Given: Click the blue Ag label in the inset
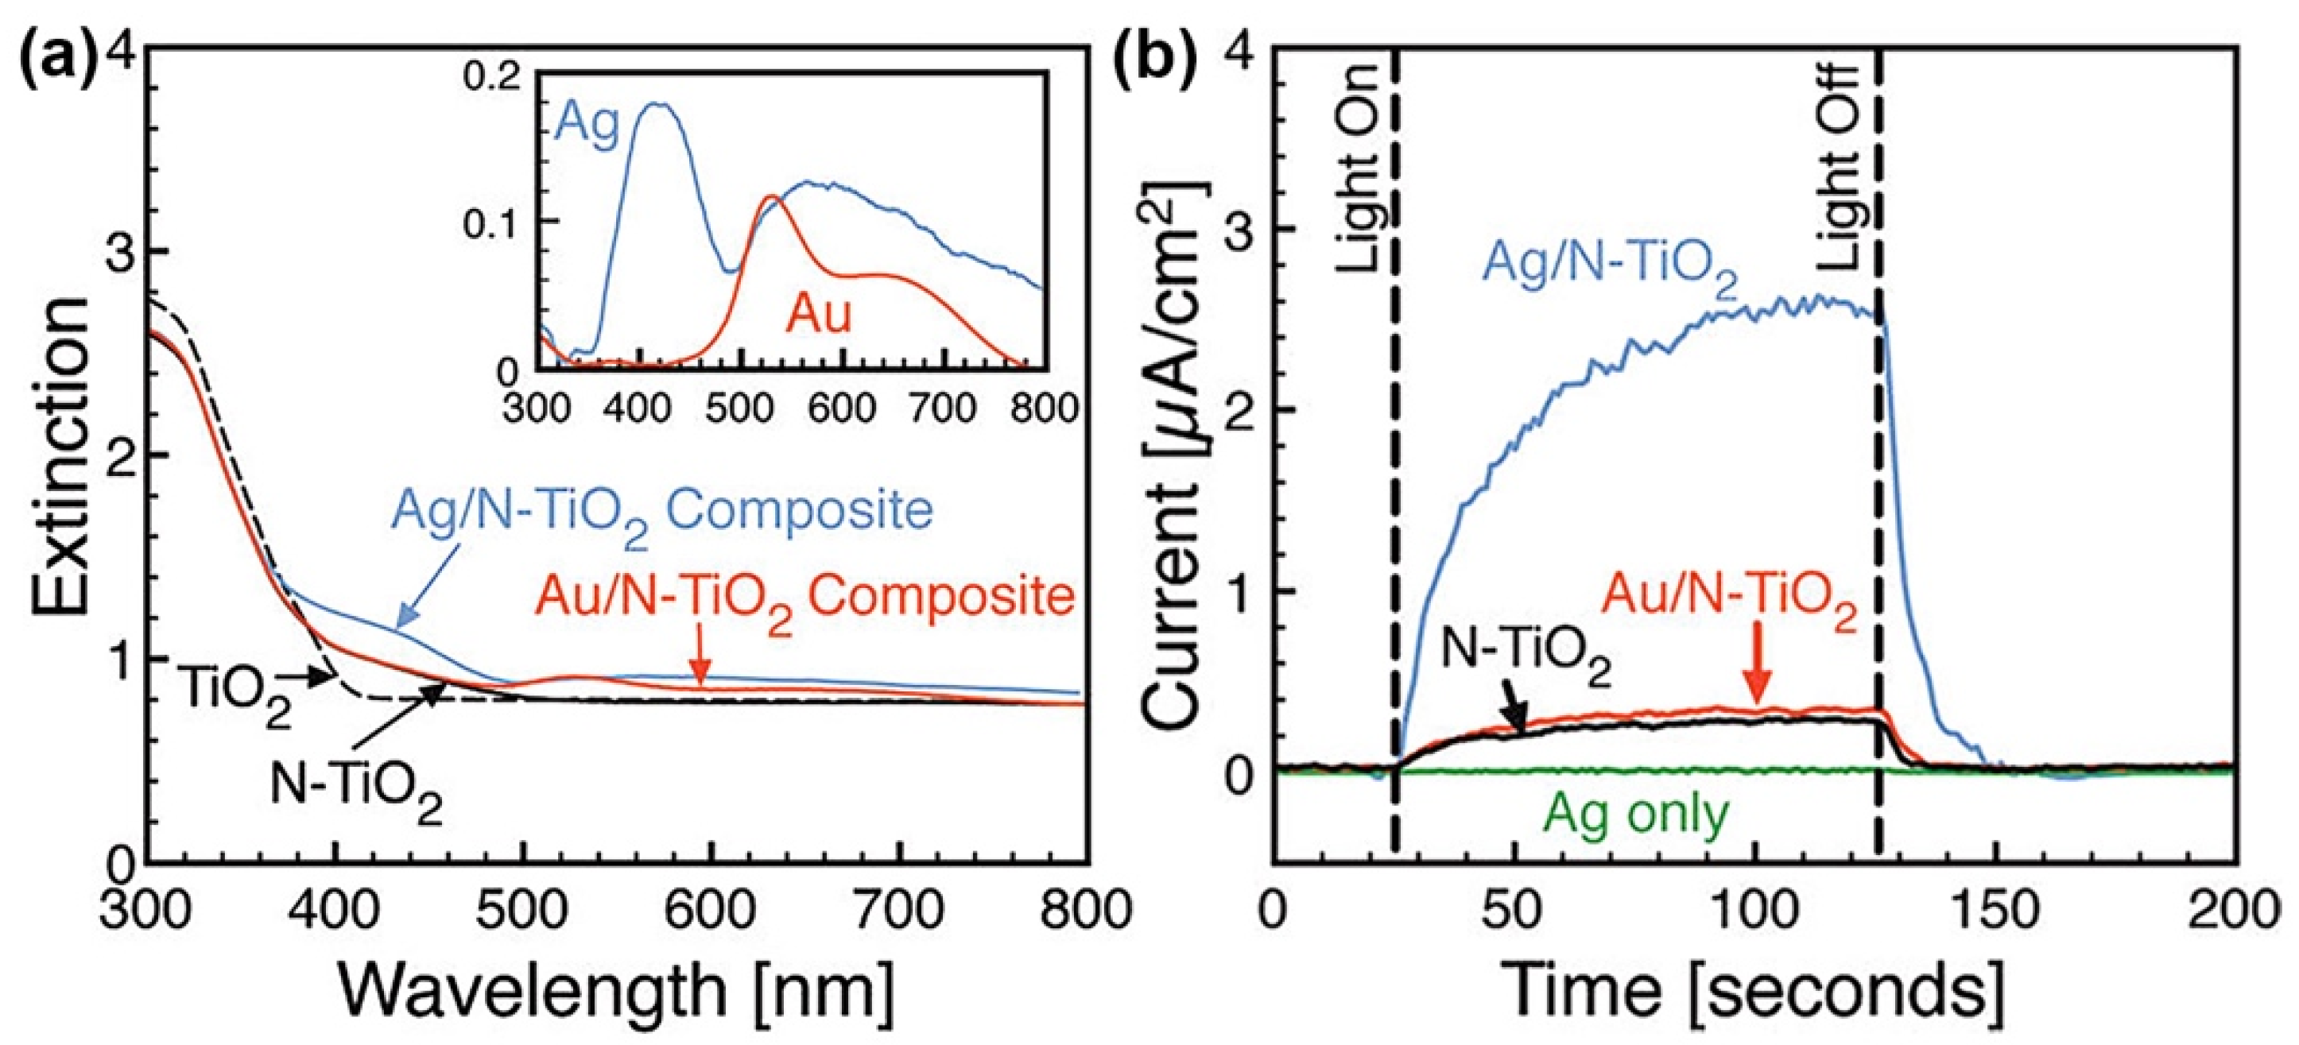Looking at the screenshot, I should (587, 126).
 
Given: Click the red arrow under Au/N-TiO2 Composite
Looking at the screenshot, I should (703, 666).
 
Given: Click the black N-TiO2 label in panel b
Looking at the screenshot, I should (1526, 664).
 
